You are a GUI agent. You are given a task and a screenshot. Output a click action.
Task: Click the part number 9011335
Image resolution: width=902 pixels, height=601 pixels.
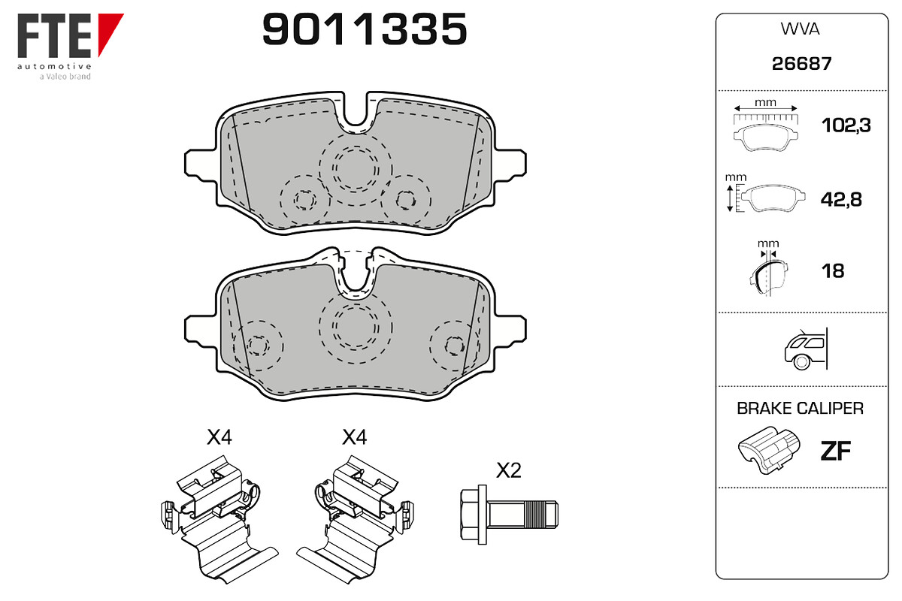coord(365,29)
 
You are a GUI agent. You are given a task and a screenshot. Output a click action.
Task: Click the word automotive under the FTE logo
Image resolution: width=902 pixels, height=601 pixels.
coord(54,66)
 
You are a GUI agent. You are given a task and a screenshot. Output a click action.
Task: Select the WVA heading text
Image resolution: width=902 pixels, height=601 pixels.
coord(800,29)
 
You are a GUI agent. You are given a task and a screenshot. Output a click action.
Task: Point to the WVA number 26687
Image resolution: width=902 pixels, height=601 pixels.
coord(801,64)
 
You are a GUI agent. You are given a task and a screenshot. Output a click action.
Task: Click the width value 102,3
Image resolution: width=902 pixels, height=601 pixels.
coord(846,125)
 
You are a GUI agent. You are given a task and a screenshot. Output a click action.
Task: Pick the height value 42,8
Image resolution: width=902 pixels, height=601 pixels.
coord(841,199)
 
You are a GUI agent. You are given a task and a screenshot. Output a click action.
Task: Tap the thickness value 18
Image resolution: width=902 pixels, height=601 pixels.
coord(833,271)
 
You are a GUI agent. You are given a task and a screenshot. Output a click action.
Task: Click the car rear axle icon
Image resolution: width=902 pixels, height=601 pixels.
coord(806,349)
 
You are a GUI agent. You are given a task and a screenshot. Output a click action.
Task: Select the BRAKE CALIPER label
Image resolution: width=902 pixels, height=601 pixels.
coord(800,408)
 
